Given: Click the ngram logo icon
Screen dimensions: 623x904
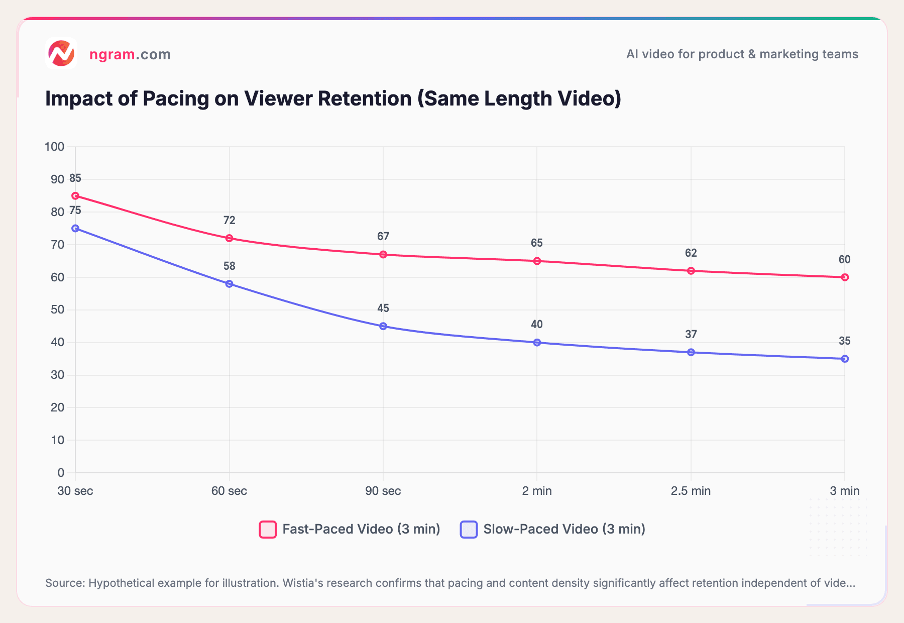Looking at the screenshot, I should pyautogui.click(x=61, y=53).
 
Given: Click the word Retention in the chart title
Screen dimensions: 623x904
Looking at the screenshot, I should pyautogui.click(x=365, y=98).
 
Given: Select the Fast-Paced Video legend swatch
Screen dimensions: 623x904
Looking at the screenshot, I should pyautogui.click(x=268, y=530).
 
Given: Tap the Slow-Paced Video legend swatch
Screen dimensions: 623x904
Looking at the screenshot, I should pyautogui.click(x=469, y=530).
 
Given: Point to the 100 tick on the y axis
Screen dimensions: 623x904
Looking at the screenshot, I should pyautogui.click(x=54, y=147).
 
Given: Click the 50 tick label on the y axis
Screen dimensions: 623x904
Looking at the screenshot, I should pyautogui.click(x=57, y=309).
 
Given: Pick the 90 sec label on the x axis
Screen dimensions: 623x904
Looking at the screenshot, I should pyautogui.click(x=383, y=491).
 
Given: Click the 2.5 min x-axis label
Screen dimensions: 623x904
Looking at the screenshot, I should pyautogui.click(x=691, y=491).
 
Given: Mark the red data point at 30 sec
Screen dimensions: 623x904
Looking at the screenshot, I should pyautogui.click(x=75, y=196).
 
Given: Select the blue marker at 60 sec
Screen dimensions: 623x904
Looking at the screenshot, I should pyautogui.click(x=229, y=284).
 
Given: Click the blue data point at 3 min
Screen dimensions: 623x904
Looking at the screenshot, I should pyautogui.click(x=845, y=359).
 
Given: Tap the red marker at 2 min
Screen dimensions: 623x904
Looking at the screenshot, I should pyautogui.click(x=537, y=261).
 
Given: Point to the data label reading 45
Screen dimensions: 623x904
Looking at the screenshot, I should pyautogui.click(x=383, y=308).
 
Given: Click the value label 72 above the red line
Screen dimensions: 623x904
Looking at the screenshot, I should pyautogui.click(x=229, y=221).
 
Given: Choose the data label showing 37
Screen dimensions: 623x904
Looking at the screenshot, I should pyautogui.click(x=691, y=335).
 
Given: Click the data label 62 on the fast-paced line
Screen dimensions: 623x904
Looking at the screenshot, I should pyautogui.click(x=691, y=253).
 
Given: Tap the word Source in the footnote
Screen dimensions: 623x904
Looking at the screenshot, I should pyautogui.click(x=65, y=583).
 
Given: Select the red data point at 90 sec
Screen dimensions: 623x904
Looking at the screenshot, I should pyautogui.click(x=383, y=255).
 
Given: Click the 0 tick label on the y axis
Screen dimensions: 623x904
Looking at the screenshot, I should pyautogui.click(x=61, y=473).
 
